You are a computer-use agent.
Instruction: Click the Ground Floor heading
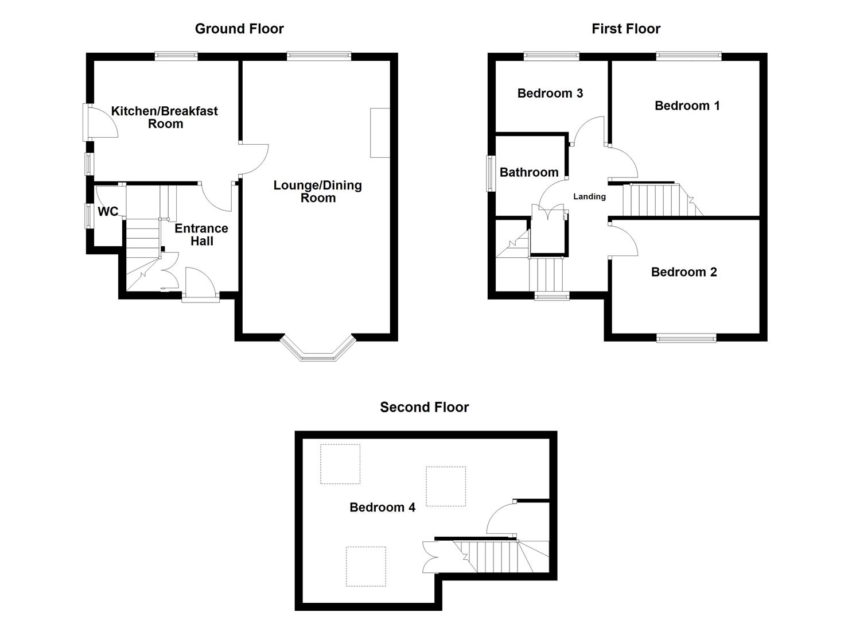pyautogui.click(x=239, y=29)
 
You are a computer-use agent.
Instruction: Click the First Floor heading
pyautogui.click(x=626, y=29)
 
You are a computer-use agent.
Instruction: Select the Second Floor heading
pyautogui.click(x=424, y=407)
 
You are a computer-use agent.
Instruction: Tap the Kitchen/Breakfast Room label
pyautogui.click(x=165, y=117)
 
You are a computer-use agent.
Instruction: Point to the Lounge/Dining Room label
pyautogui.click(x=317, y=191)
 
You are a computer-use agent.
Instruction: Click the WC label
pyautogui.click(x=108, y=212)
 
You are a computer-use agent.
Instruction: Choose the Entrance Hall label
pyautogui.click(x=201, y=234)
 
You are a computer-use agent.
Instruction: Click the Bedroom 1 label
pyautogui.click(x=687, y=106)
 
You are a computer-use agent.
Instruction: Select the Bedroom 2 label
pyautogui.click(x=684, y=272)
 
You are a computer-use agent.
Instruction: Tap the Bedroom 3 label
pyautogui.click(x=550, y=93)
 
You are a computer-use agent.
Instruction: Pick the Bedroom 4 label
pyautogui.click(x=382, y=507)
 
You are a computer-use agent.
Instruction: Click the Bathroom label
pyautogui.click(x=529, y=172)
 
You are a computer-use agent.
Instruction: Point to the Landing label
pyautogui.click(x=589, y=196)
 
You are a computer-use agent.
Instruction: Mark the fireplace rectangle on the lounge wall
pyautogui.click(x=380, y=133)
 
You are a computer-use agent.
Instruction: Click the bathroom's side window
pyautogui.click(x=491, y=173)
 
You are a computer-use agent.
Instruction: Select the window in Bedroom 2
pyautogui.click(x=686, y=338)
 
